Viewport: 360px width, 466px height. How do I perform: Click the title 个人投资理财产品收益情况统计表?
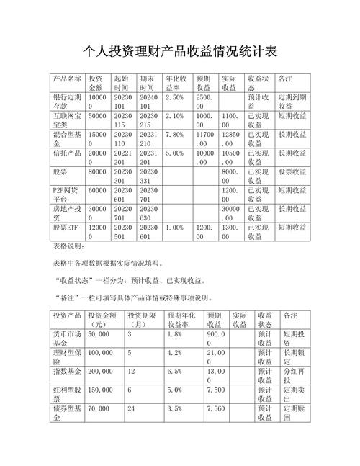pos(180,51)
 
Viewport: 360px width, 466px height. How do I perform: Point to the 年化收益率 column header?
pos(176,82)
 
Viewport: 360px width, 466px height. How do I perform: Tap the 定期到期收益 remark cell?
pos(294,101)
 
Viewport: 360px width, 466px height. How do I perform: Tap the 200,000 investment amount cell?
pos(103,372)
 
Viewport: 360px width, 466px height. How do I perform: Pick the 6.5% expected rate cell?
pos(174,372)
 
